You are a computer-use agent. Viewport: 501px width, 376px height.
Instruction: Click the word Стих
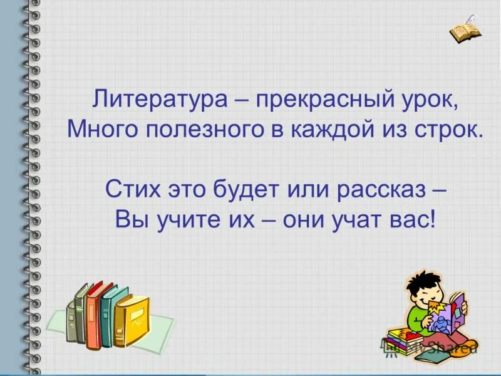pyautogui.click(x=132, y=189)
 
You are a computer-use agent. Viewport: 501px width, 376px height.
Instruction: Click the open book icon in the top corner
pyautogui.click(x=465, y=29)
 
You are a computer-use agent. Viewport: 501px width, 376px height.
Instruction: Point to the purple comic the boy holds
pyautogui.click(x=453, y=313)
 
